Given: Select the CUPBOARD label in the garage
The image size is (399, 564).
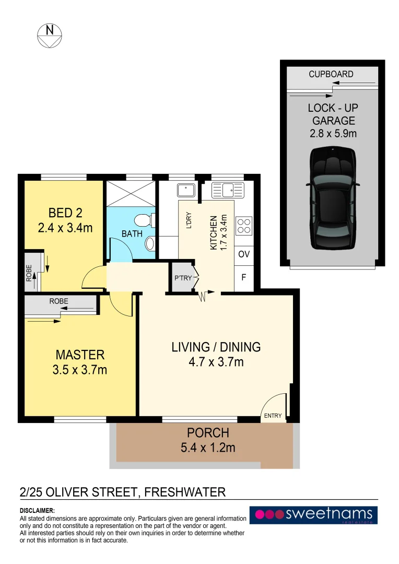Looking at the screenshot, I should [331, 74].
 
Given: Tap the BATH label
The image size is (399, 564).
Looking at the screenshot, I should [132, 234].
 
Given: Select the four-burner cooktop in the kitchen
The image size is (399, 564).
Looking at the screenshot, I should [244, 226].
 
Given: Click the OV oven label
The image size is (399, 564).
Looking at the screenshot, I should [243, 255].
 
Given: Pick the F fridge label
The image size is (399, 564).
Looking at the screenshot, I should [243, 278].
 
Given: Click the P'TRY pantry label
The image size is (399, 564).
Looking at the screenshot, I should [183, 278].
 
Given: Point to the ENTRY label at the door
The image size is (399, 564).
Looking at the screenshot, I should [273, 416].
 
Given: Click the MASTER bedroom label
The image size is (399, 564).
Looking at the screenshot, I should [80, 355].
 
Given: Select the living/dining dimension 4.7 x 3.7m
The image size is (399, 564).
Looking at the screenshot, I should [216, 361].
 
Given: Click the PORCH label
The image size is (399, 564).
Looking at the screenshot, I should [208, 433].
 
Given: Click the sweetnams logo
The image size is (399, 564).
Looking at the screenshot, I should [313, 515].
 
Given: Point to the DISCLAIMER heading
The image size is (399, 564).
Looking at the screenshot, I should [37, 510].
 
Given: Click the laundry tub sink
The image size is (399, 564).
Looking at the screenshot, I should [186, 190].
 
